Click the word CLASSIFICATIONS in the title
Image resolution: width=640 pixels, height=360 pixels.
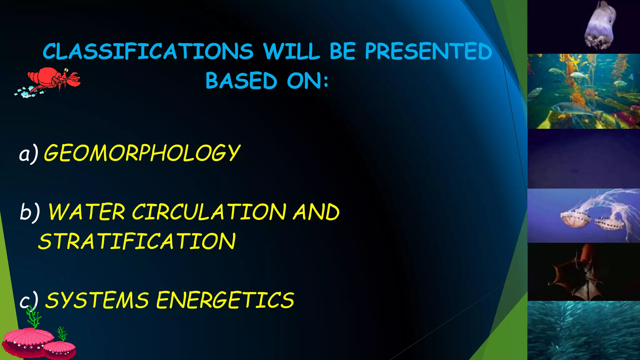pyautogui.click(x=148, y=52)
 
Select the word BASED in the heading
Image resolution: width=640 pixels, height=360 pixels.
pyautogui.click(x=241, y=81)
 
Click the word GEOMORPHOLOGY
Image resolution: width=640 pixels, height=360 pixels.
pyautogui.click(x=142, y=153)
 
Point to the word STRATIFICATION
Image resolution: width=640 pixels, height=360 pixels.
pyautogui.click(x=137, y=242)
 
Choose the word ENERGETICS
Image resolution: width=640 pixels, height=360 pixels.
pyautogui.click(x=225, y=300)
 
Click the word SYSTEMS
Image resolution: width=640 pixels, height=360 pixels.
pyautogui.click(x=97, y=300)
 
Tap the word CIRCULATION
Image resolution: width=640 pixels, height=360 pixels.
pyautogui.click(x=209, y=212)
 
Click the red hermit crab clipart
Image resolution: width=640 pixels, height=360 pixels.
pyautogui.click(x=53, y=80)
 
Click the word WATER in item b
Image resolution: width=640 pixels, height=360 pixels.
pyautogui.click(x=87, y=212)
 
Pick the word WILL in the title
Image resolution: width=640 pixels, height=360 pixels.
pyautogui.click(x=291, y=52)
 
